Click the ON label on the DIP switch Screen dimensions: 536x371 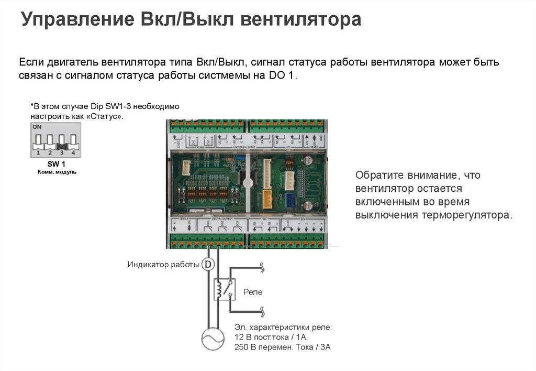tap(37, 127)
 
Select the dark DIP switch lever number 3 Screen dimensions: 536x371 tap(61, 140)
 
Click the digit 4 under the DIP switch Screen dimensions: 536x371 tap(73, 153)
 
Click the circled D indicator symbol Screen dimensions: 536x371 tap(208, 265)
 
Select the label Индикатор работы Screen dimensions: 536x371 tap(163, 265)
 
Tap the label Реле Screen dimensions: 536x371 tap(253, 292)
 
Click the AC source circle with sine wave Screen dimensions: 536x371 tap(213, 339)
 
